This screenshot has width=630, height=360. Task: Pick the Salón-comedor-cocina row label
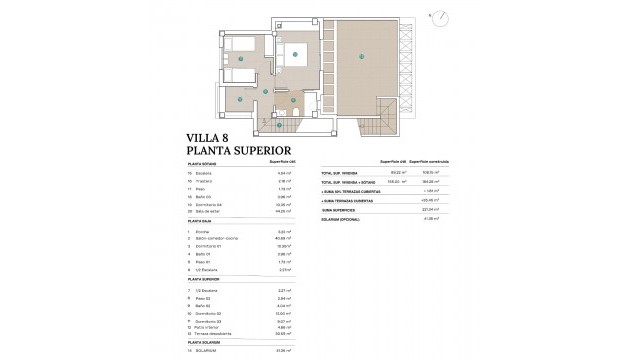217,265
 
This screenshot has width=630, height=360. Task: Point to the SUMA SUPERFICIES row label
341,208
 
